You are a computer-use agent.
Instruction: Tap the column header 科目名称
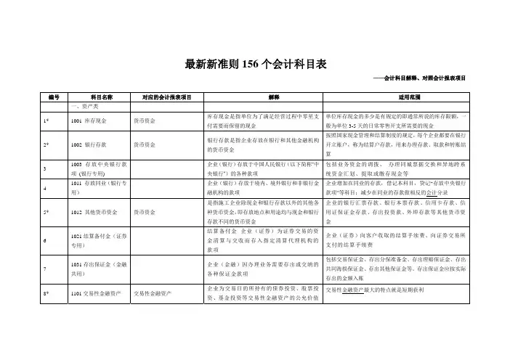click(x=98, y=96)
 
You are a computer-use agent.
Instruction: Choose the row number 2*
click(x=46, y=145)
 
